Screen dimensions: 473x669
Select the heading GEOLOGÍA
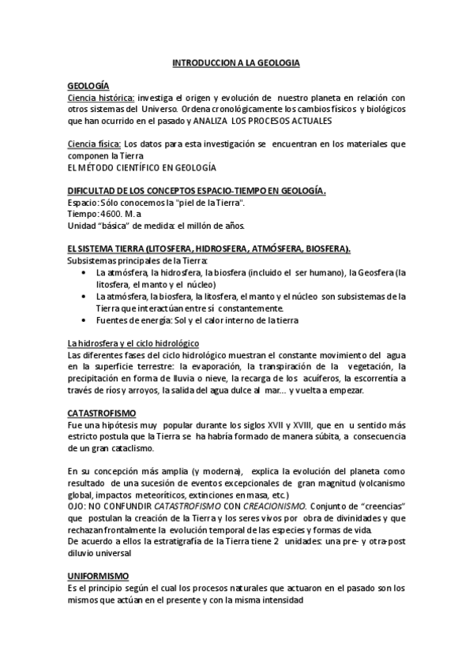[88, 85]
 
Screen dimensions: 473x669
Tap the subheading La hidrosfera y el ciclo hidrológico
[132, 343]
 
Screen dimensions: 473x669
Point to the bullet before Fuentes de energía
[85, 320]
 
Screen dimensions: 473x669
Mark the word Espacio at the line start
[82, 203]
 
